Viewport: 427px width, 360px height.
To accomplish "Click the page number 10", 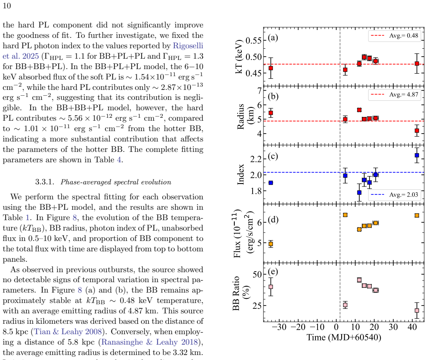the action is (x=7, y=6).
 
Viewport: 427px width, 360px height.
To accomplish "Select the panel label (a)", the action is (x=273, y=37).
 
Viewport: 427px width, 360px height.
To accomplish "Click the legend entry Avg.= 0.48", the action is (x=395, y=36).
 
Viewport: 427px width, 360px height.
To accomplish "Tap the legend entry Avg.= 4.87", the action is (x=395, y=94).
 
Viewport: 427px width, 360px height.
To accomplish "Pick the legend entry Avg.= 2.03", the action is (x=395, y=195).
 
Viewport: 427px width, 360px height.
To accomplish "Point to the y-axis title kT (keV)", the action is (x=239, y=57).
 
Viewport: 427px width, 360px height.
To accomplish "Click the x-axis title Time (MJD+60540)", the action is (x=344, y=338).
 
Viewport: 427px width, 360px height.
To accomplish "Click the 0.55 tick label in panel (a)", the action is (x=253, y=40).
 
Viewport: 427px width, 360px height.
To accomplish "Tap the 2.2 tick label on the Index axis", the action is (x=256, y=159).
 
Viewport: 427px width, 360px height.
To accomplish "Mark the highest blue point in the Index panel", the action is (x=417, y=155).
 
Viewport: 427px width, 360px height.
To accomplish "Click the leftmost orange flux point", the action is (x=271, y=244).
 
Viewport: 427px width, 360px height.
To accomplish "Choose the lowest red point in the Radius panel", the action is (x=417, y=131).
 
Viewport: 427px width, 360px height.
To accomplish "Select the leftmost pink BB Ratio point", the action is (x=271, y=287).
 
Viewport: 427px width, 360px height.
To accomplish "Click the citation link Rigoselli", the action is (x=188, y=45).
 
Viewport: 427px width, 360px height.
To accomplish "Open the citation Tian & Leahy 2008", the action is (x=68, y=331).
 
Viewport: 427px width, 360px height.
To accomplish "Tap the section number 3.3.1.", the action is (x=45, y=182).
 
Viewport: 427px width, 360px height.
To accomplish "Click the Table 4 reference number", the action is (x=119, y=159).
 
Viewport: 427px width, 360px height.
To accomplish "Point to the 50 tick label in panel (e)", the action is (x=257, y=274).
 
